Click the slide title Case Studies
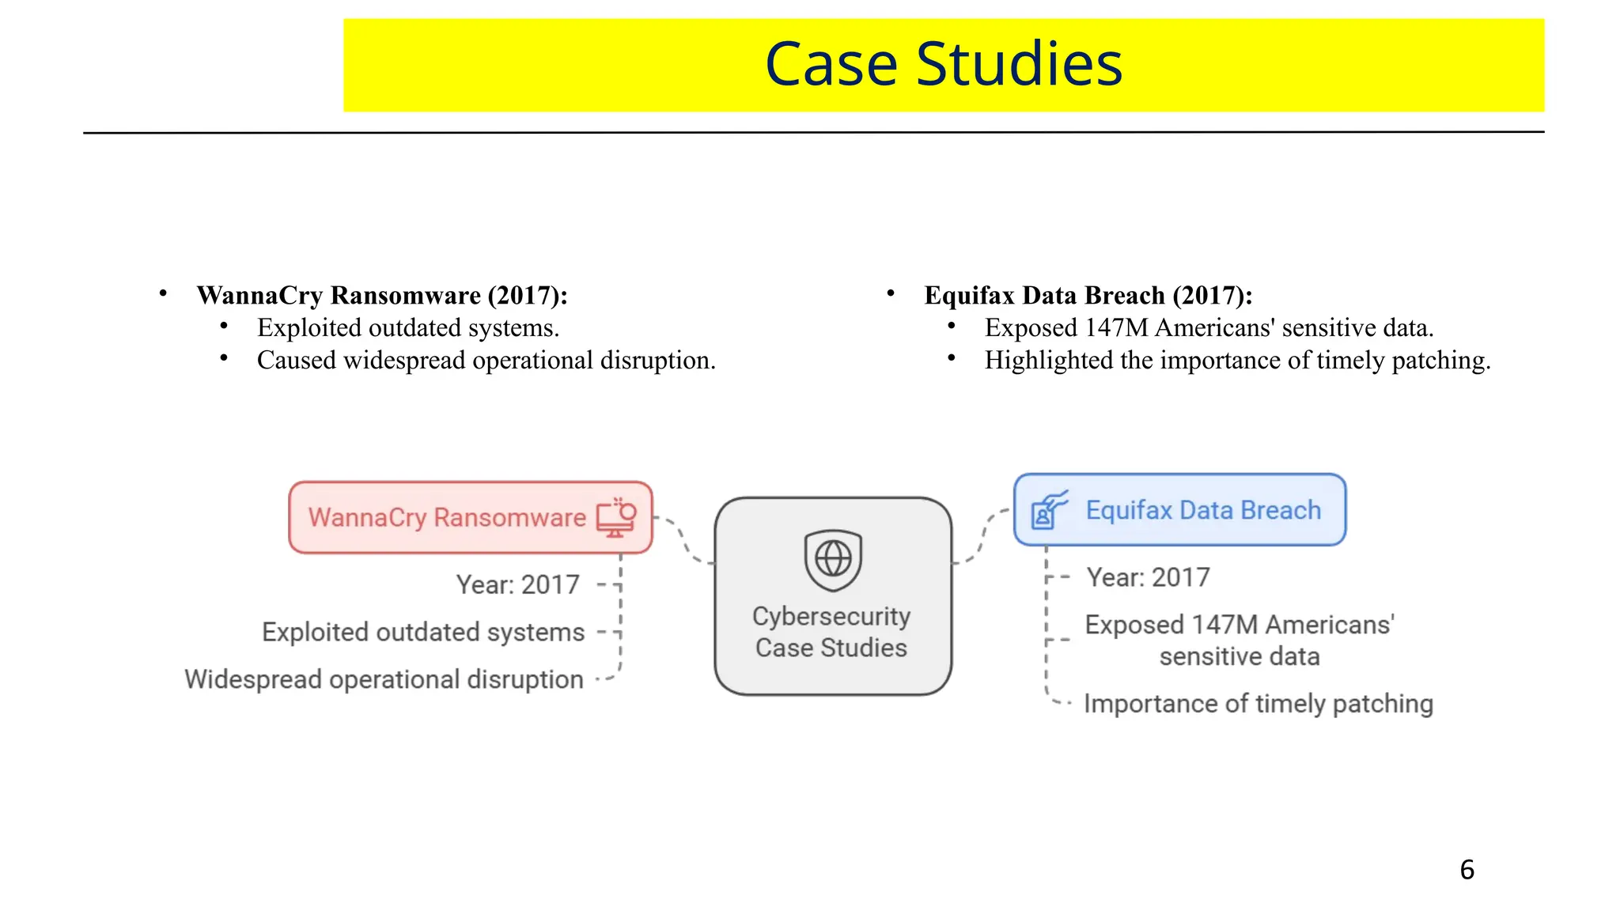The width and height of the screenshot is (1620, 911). tap(943, 65)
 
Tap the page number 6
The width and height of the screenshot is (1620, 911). tap(1467, 870)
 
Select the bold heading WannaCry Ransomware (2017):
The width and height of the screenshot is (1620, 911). tap(382, 296)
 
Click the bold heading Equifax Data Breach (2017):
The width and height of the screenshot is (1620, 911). tap(1088, 296)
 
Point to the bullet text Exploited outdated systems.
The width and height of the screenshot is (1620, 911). tap(408, 328)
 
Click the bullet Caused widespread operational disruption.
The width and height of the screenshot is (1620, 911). tap(486, 361)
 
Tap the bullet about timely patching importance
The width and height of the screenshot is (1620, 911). tap(1237, 361)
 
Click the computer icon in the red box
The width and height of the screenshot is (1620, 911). tap(616, 518)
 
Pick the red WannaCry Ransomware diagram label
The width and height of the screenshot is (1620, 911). tap(447, 518)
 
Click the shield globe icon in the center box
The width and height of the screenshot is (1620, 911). tap(833, 560)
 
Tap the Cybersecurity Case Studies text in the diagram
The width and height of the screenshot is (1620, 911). tap(831, 632)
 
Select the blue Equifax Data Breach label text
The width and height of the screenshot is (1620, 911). tap(1203, 510)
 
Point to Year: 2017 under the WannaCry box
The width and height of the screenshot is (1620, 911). tap(518, 585)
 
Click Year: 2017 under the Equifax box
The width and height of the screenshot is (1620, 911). tap(1148, 578)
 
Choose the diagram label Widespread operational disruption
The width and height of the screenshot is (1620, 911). tap(384, 680)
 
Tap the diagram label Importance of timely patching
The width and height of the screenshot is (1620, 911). tap(1258, 704)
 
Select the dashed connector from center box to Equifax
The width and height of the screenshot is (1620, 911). tap(982, 538)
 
